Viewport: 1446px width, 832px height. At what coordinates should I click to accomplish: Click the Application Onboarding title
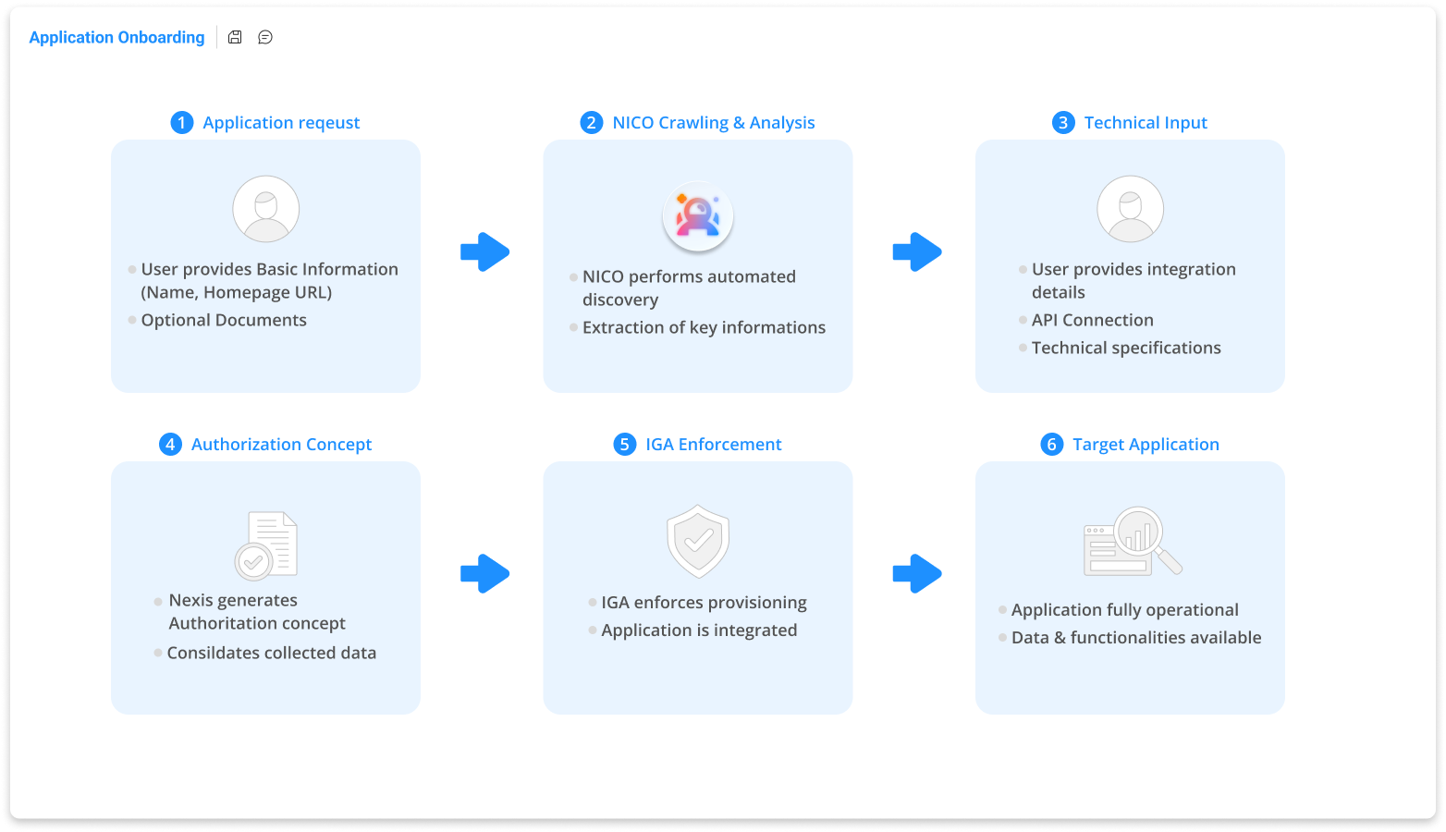pos(116,37)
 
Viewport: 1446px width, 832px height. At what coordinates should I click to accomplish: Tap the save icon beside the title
pos(235,37)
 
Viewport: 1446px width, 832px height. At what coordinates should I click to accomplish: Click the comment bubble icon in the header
pos(265,37)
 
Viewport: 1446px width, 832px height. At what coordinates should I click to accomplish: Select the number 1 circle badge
pos(182,123)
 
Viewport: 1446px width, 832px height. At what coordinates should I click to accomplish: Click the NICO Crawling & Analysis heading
pos(713,123)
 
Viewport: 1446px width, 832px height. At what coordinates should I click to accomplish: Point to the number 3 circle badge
pos(1063,123)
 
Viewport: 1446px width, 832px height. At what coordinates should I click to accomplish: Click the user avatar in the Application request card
pos(265,209)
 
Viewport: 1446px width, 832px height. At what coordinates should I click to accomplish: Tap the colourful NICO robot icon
pos(698,216)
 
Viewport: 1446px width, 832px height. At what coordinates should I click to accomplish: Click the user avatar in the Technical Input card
pos(1130,209)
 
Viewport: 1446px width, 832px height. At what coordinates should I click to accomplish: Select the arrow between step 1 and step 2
pos(484,251)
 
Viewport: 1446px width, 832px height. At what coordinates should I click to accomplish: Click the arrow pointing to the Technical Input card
pos(917,251)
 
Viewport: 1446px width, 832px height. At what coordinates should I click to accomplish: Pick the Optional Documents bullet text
pos(224,320)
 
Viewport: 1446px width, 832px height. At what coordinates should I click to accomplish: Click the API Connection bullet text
pos(1092,320)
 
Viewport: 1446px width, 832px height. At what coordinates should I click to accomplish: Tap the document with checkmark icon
pos(266,544)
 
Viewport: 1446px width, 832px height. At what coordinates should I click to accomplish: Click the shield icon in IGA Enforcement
pos(698,541)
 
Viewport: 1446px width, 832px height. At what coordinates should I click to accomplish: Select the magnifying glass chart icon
pos(1133,541)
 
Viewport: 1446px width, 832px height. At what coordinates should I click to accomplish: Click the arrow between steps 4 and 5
pos(484,573)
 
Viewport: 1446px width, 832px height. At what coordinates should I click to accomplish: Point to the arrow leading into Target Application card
pos(917,573)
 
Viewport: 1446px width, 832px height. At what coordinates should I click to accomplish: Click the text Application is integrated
pos(699,630)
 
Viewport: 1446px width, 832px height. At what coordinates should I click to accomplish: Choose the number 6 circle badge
pos(1051,445)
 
